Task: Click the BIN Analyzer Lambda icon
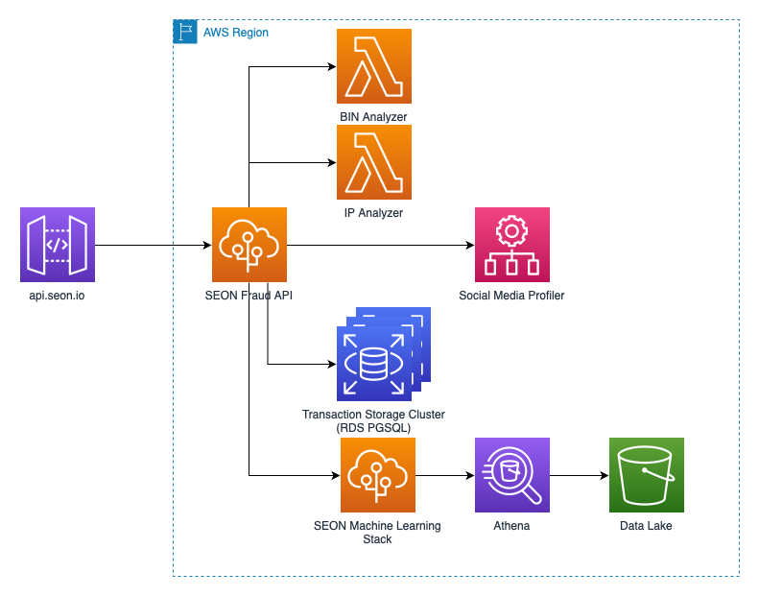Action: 374,66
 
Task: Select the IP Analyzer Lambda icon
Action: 374,162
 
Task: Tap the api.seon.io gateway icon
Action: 58,245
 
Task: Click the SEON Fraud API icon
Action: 249,245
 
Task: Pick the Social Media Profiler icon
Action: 511,245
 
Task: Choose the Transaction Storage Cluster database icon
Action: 374,363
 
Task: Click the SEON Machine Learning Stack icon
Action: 378,475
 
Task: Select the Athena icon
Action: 511,475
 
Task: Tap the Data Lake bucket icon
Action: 646,475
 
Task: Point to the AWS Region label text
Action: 236,33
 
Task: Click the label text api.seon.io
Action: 58,296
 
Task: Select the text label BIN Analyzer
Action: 374,117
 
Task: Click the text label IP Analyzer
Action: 374,213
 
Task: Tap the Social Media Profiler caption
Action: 511,296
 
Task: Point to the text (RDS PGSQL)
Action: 373,428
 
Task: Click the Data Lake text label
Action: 646,526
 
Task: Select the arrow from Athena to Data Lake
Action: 579,475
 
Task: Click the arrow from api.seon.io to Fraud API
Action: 154,245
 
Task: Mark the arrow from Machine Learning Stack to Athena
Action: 445,475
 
